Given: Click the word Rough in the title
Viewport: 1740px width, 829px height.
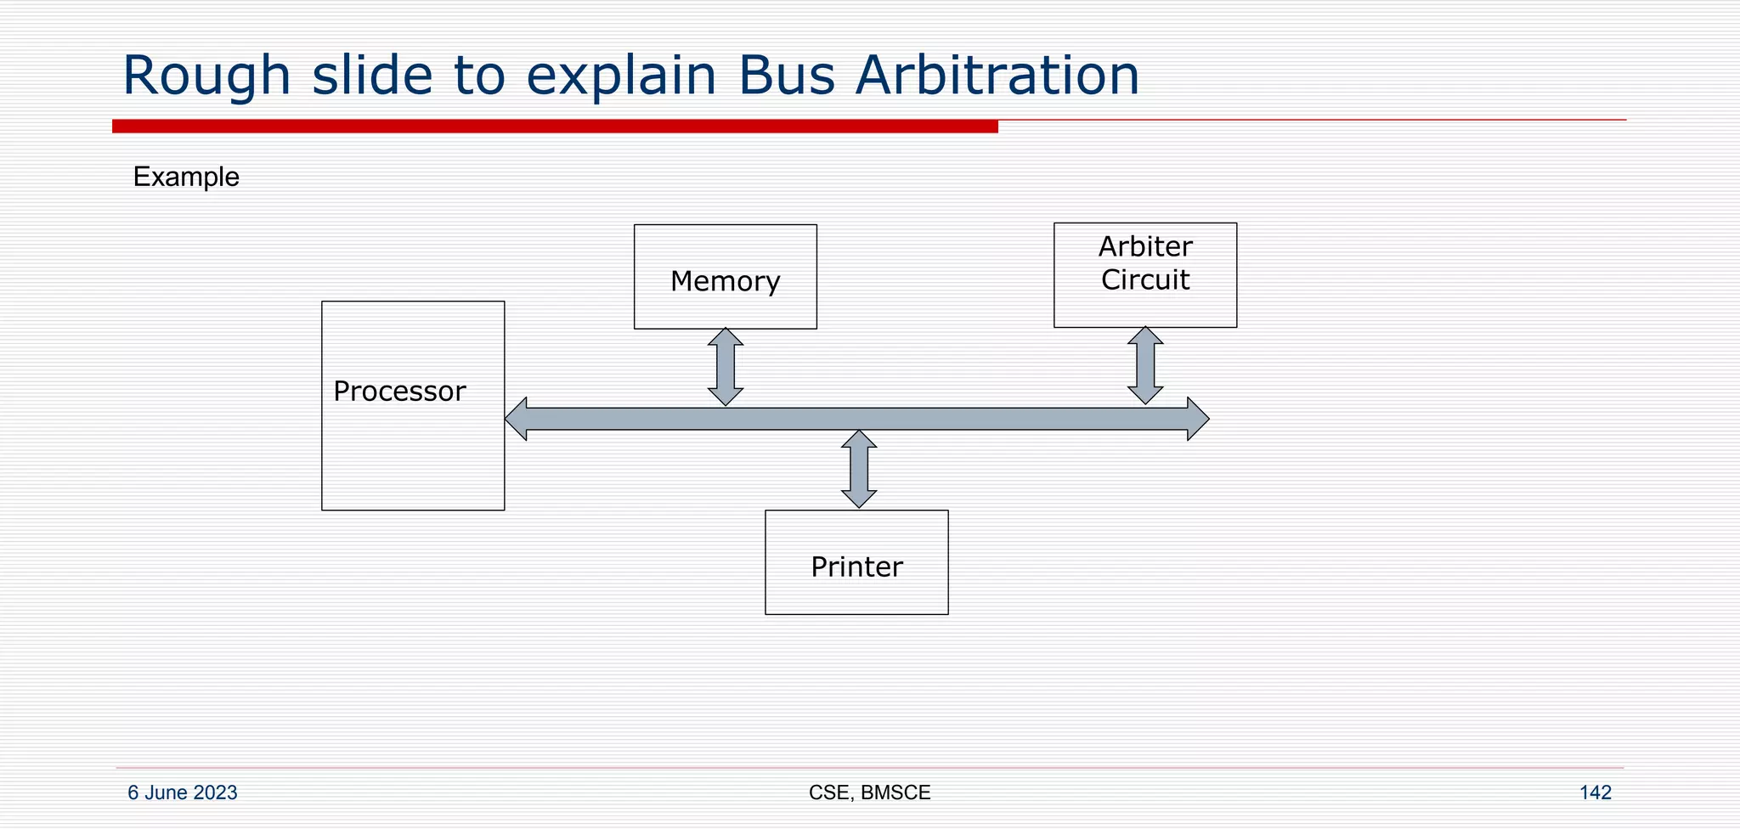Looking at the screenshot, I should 206,76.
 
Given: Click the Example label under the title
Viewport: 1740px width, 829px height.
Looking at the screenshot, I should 186,177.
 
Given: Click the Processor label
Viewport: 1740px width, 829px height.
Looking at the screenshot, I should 399,392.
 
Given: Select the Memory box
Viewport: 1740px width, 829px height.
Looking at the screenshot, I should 725,278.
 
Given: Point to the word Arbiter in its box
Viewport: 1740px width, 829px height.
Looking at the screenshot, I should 1145,247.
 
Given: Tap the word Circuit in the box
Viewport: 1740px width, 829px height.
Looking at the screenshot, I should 1145,280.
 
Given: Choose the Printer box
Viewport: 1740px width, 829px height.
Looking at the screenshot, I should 856,563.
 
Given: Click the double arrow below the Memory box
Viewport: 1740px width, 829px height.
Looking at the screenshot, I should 726,367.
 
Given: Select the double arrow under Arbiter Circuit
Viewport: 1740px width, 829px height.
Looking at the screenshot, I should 1145,365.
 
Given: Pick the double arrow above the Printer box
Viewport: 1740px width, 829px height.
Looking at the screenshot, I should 859,469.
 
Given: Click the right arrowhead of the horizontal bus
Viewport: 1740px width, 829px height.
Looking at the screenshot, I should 1197,419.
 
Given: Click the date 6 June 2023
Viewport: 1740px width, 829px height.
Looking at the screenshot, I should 183,792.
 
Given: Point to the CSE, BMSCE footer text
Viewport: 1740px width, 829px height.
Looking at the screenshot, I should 869,792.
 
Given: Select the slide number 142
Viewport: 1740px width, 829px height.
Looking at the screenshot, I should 1595,792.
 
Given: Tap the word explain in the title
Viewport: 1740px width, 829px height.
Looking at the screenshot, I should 621,76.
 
